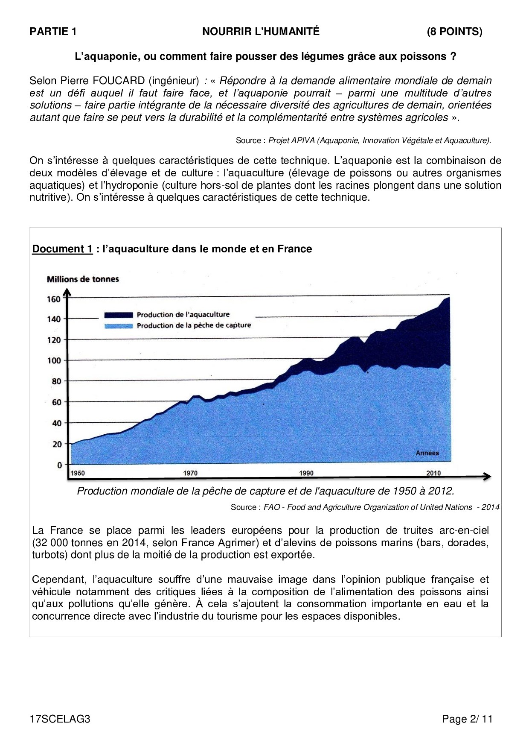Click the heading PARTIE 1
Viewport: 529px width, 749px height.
pyautogui.click(x=53, y=32)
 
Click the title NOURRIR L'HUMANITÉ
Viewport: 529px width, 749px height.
pyautogui.click(x=261, y=32)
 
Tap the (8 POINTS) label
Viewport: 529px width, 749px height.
pyautogui.click(x=454, y=32)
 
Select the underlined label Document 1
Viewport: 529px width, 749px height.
pyautogui.click(x=62, y=249)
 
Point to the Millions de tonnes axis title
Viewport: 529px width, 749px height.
pyautogui.click(x=83, y=279)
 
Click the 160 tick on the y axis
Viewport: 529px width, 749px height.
pyautogui.click(x=54, y=299)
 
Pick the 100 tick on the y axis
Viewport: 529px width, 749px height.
pyautogui.click(x=54, y=360)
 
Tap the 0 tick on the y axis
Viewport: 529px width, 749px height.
pyautogui.click(x=59, y=465)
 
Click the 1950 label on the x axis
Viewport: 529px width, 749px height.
pyautogui.click(x=77, y=473)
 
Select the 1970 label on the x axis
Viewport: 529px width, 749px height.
pyautogui.click(x=190, y=473)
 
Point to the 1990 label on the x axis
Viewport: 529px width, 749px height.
pyautogui.click(x=306, y=473)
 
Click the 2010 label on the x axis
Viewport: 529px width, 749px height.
pyautogui.click(x=433, y=473)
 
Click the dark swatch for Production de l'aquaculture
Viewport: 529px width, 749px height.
pyautogui.click(x=118, y=315)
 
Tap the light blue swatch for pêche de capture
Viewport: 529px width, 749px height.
pyautogui.click(x=118, y=326)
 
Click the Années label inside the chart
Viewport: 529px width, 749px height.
pyautogui.click(x=427, y=453)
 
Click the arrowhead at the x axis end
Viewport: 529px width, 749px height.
pyautogui.click(x=487, y=477)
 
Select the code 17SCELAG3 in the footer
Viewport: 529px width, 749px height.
pyautogui.click(x=60, y=719)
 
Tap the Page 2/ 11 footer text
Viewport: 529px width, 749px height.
pyautogui.click(x=467, y=719)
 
